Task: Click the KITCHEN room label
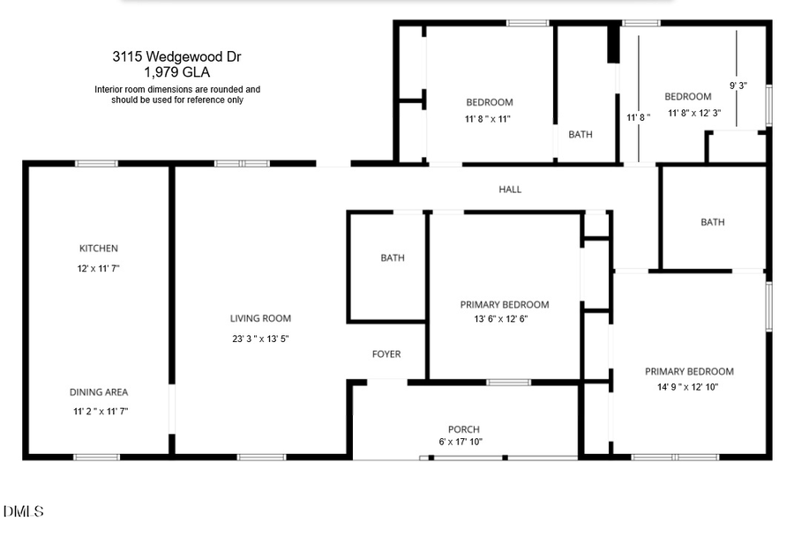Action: click(x=98, y=249)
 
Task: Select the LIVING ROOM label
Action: click(x=260, y=318)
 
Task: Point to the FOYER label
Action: click(x=386, y=354)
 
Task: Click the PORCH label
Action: click(x=463, y=429)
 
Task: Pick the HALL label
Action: click(x=510, y=190)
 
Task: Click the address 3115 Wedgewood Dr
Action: click(x=176, y=56)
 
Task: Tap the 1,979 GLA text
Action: click(x=176, y=72)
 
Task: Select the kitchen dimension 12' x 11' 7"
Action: click(x=98, y=268)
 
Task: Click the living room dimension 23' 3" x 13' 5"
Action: click(x=260, y=339)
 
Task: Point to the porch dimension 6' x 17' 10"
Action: click(x=461, y=442)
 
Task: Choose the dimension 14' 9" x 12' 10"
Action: click(x=689, y=386)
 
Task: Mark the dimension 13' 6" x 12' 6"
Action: click(x=505, y=319)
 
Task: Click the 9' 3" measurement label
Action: click(x=738, y=86)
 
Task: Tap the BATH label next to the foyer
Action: click(x=393, y=258)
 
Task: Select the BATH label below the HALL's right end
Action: click(x=713, y=222)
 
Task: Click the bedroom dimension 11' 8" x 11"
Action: click(x=489, y=118)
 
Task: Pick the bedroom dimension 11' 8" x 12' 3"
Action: click(x=694, y=113)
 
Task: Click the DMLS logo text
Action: click(x=23, y=511)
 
